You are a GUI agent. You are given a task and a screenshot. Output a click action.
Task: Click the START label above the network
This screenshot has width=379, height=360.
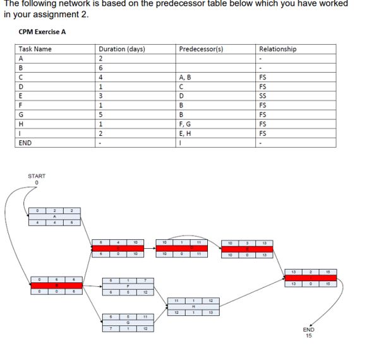pyautogui.click(x=37, y=176)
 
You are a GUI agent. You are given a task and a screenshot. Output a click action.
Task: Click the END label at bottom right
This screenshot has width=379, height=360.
pyautogui.click(x=308, y=330)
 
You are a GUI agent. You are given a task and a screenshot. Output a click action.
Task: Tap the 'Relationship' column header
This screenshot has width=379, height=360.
pyautogui.click(x=277, y=49)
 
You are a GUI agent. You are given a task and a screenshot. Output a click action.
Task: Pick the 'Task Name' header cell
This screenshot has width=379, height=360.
pyautogui.click(x=35, y=49)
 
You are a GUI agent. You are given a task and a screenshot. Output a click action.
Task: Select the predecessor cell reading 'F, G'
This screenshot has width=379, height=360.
pyautogui.click(x=187, y=125)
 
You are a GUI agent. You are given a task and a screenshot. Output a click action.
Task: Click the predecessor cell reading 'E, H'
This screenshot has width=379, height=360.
pyautogui.click(x=188, y=134)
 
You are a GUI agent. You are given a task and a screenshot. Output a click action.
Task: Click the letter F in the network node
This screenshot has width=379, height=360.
pyautogui.click(x=128, y=285)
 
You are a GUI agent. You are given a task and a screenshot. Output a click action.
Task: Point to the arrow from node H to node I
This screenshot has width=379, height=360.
pyautogui.click(x=253, y=292)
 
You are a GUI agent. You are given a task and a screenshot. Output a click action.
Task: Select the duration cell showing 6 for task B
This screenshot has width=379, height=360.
pyautogui.click(x=100, y=68)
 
